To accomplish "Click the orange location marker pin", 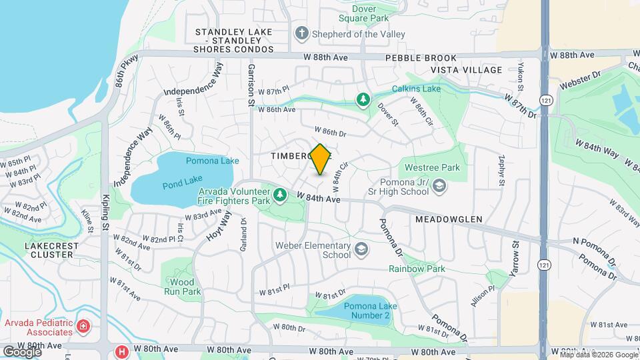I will (x=320, y=159).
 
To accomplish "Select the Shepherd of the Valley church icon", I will (x=302, y=33).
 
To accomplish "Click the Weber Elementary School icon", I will (x=361, y=250).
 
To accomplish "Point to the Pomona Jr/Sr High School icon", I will (x=439, y=186).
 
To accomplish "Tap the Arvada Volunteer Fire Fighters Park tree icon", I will (x=281, y=194).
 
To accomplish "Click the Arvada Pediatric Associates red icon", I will (x=83, y=326).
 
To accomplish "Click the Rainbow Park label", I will (x=417, y=269).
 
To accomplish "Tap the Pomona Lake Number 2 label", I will (x=366, y=311).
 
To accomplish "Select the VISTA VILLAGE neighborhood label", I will (x=466, y=70).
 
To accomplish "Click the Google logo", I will (x=22, y=351).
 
